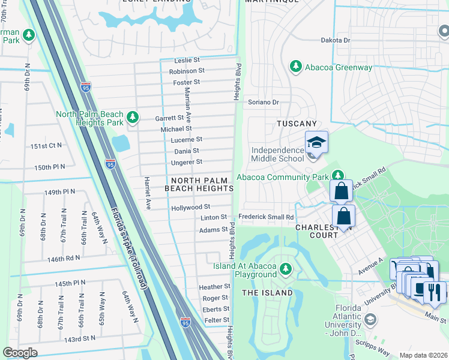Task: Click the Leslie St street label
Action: [x=187, y=60]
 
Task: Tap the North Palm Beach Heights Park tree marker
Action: [x=133, y=118]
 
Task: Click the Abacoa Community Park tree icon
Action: [x=338, y=176]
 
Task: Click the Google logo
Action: [x=20, y=352]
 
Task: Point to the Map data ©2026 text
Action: [x=423, y=355]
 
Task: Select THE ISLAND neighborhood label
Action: [x=267, y=293]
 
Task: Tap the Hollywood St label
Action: [x=191, y=207]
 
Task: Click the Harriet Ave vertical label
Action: [x=146, y=193]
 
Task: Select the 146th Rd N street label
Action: [x=64, y=259]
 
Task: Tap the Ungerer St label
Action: [x=187, y=161]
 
